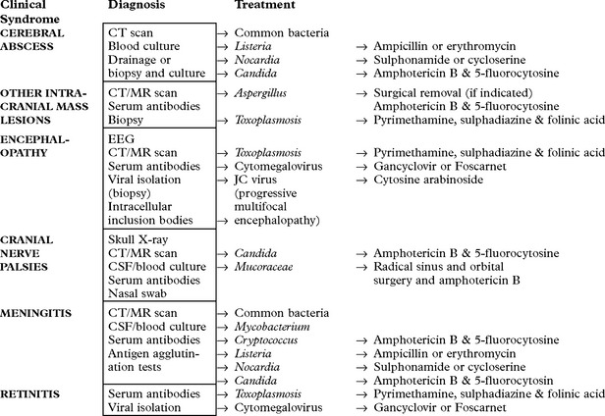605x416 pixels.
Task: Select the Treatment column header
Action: coord(264,7)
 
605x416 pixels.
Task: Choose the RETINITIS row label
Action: coord(31,393)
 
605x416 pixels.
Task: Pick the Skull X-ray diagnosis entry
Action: coord(141,239)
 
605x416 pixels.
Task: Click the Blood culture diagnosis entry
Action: coord(144,46)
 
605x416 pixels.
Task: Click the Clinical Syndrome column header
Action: coord(35,14)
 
